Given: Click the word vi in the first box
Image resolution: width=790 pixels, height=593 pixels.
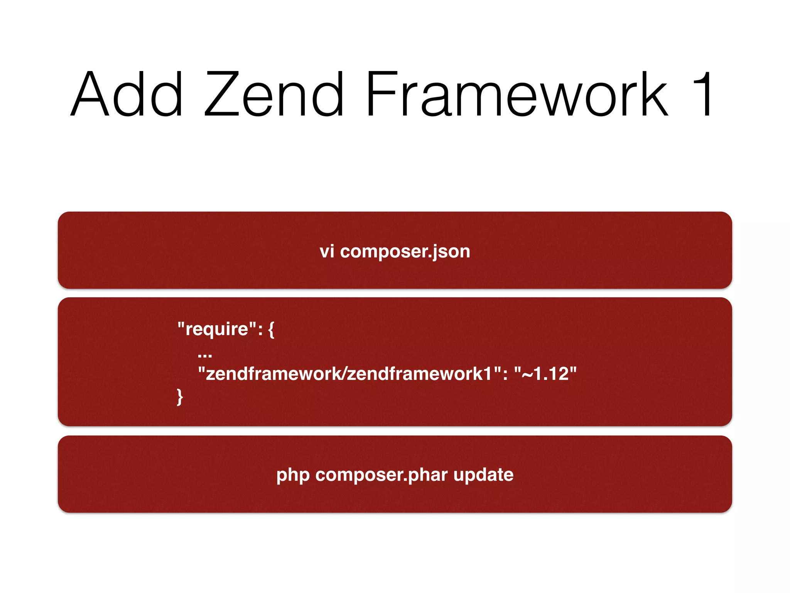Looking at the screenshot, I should click(327, 252).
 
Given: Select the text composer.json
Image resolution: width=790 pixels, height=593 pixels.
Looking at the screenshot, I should click(405, 252).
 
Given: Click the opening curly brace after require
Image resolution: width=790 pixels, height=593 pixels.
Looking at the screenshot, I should click(271, 330).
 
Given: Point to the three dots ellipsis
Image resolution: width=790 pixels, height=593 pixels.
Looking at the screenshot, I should click(205, 354).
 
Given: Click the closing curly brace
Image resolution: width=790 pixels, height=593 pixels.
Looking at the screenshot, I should click(180, 397).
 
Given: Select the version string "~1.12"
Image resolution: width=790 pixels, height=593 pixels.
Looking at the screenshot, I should click(545, 374).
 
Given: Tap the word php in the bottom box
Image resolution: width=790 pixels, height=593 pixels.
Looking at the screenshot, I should click(293, 475).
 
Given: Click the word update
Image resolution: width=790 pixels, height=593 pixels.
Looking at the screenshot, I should click(483, 475).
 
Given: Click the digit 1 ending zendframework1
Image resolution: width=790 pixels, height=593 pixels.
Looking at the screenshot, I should click(488, 374).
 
